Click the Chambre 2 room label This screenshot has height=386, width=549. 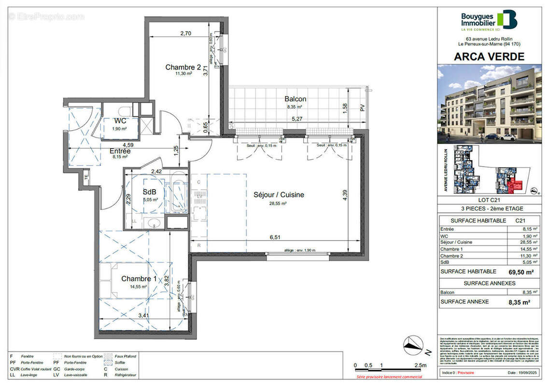pos(183,67)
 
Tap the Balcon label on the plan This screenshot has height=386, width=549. pos(296,99)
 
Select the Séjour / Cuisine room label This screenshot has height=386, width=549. pos(279,195)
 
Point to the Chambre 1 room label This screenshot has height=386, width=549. pos(139,279)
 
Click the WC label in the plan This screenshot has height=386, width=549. pos(120,121)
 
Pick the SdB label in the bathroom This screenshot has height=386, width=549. pos(149,192)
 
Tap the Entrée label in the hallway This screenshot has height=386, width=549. pos(120,151)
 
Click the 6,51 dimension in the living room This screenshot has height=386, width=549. pos(275,237)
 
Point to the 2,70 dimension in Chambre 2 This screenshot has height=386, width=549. pos(186,34)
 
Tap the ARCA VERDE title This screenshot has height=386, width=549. pos(489,56)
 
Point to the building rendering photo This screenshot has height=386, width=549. pos(489,104)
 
